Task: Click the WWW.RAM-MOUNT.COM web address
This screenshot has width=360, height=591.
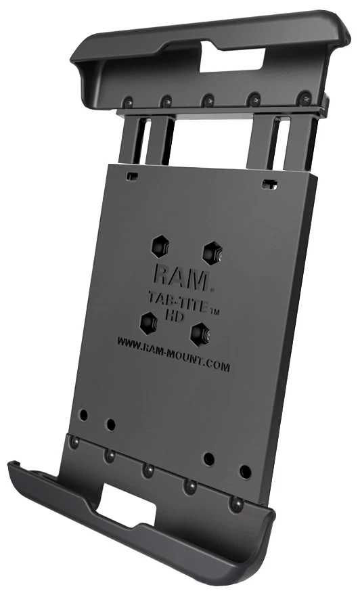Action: click(173, 355)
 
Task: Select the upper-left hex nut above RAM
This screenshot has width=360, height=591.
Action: click(160, 246)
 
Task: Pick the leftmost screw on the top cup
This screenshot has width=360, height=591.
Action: click(125, 102)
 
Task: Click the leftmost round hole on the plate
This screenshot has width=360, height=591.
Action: click(83, 414)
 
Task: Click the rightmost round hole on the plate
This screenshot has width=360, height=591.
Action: click(245, 471)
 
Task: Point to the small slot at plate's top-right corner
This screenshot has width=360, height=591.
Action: click(270, 183)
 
